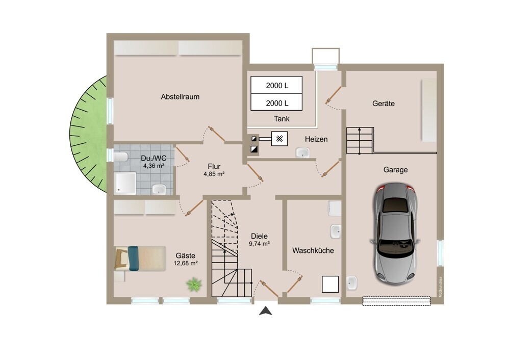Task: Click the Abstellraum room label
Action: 180,96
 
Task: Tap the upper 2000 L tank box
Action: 276,85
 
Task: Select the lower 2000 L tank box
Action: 276,102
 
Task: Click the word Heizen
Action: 316,139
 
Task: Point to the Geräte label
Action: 384,104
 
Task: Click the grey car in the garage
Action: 395,234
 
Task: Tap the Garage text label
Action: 396,170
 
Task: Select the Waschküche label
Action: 313,250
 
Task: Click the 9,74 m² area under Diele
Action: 259,243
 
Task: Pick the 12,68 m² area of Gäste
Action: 186,263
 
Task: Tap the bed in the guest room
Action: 140,259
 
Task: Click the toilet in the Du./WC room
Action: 120,158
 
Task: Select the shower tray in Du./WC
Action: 125,184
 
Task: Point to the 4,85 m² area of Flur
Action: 214,174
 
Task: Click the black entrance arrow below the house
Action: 266,311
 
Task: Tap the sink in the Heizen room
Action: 302,152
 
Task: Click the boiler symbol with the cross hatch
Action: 279,139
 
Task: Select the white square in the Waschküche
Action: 330,284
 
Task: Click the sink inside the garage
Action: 352,283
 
